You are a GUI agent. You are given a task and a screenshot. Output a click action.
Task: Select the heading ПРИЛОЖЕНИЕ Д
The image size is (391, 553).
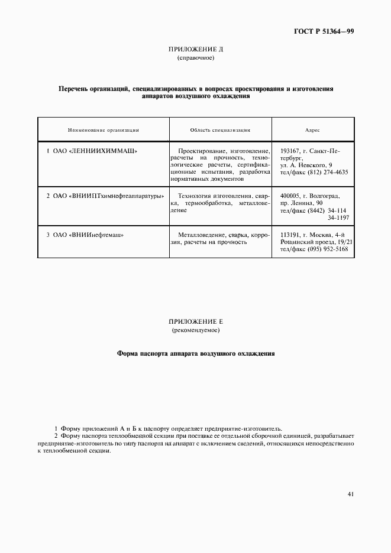(195, 50)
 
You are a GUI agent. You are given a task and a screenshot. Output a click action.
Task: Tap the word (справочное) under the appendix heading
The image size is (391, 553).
(195, 58)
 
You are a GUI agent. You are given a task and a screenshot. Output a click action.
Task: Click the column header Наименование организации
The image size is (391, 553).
(103, 129)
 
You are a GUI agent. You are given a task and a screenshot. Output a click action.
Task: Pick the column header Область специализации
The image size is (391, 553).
(220, 129)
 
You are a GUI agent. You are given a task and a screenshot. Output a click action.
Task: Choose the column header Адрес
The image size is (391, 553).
(312, 129)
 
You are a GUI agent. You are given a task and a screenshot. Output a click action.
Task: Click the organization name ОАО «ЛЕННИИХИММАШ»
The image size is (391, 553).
(95, 151)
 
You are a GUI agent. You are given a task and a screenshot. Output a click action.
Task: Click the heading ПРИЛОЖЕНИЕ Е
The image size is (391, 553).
(195, 321)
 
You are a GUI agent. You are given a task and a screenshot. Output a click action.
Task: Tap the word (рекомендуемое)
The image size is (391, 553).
(195, 330)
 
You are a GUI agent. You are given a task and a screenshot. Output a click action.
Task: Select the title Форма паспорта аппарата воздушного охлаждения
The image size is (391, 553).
(195, 354)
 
